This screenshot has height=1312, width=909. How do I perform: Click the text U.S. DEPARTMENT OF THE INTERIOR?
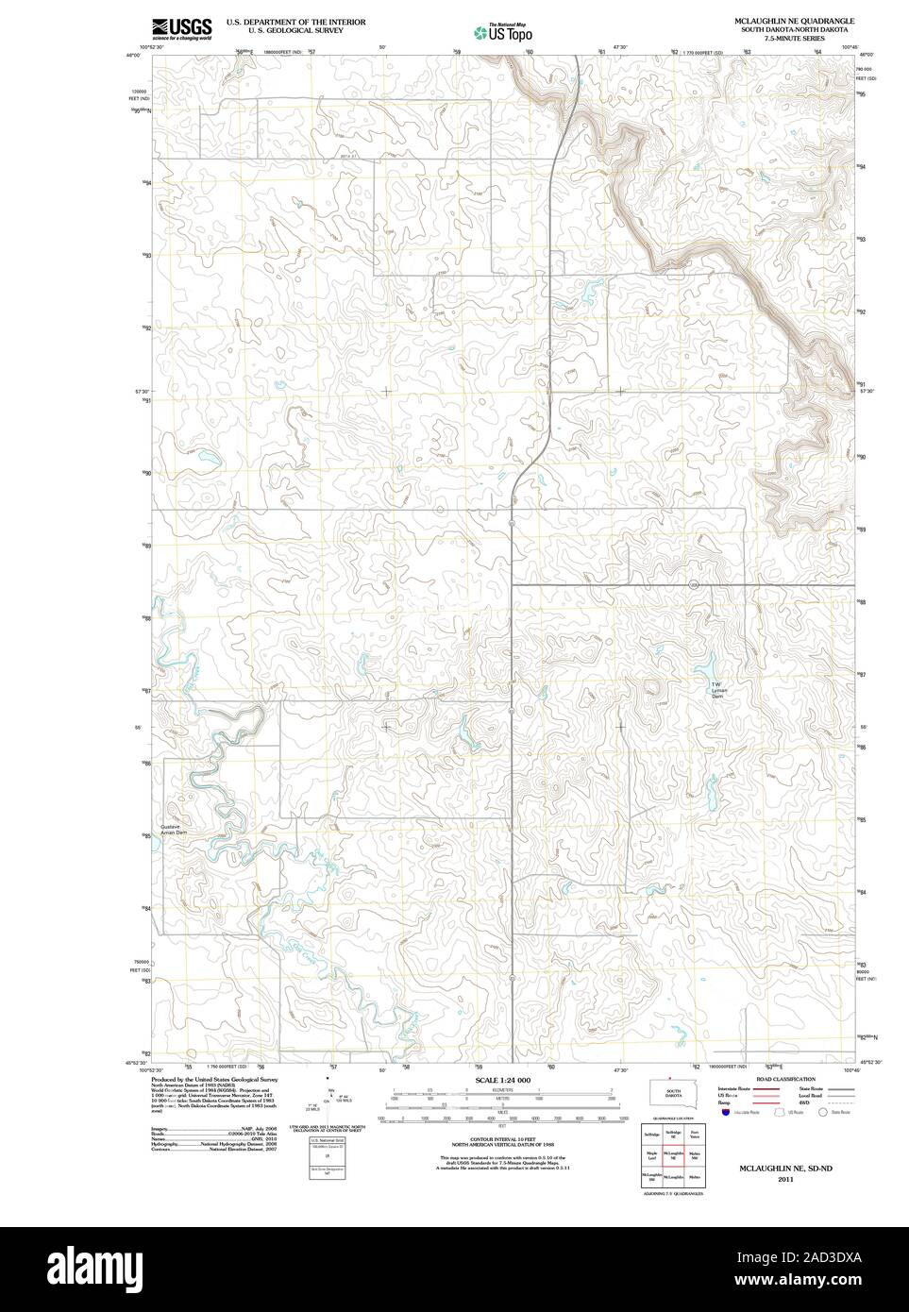pyautogui.click(x=295, y=21)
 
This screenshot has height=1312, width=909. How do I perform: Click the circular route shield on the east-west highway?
pyautogui.click(x=693, y=585)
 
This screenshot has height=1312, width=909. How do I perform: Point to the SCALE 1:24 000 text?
pyautogui.click(x=504, y=1080)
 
